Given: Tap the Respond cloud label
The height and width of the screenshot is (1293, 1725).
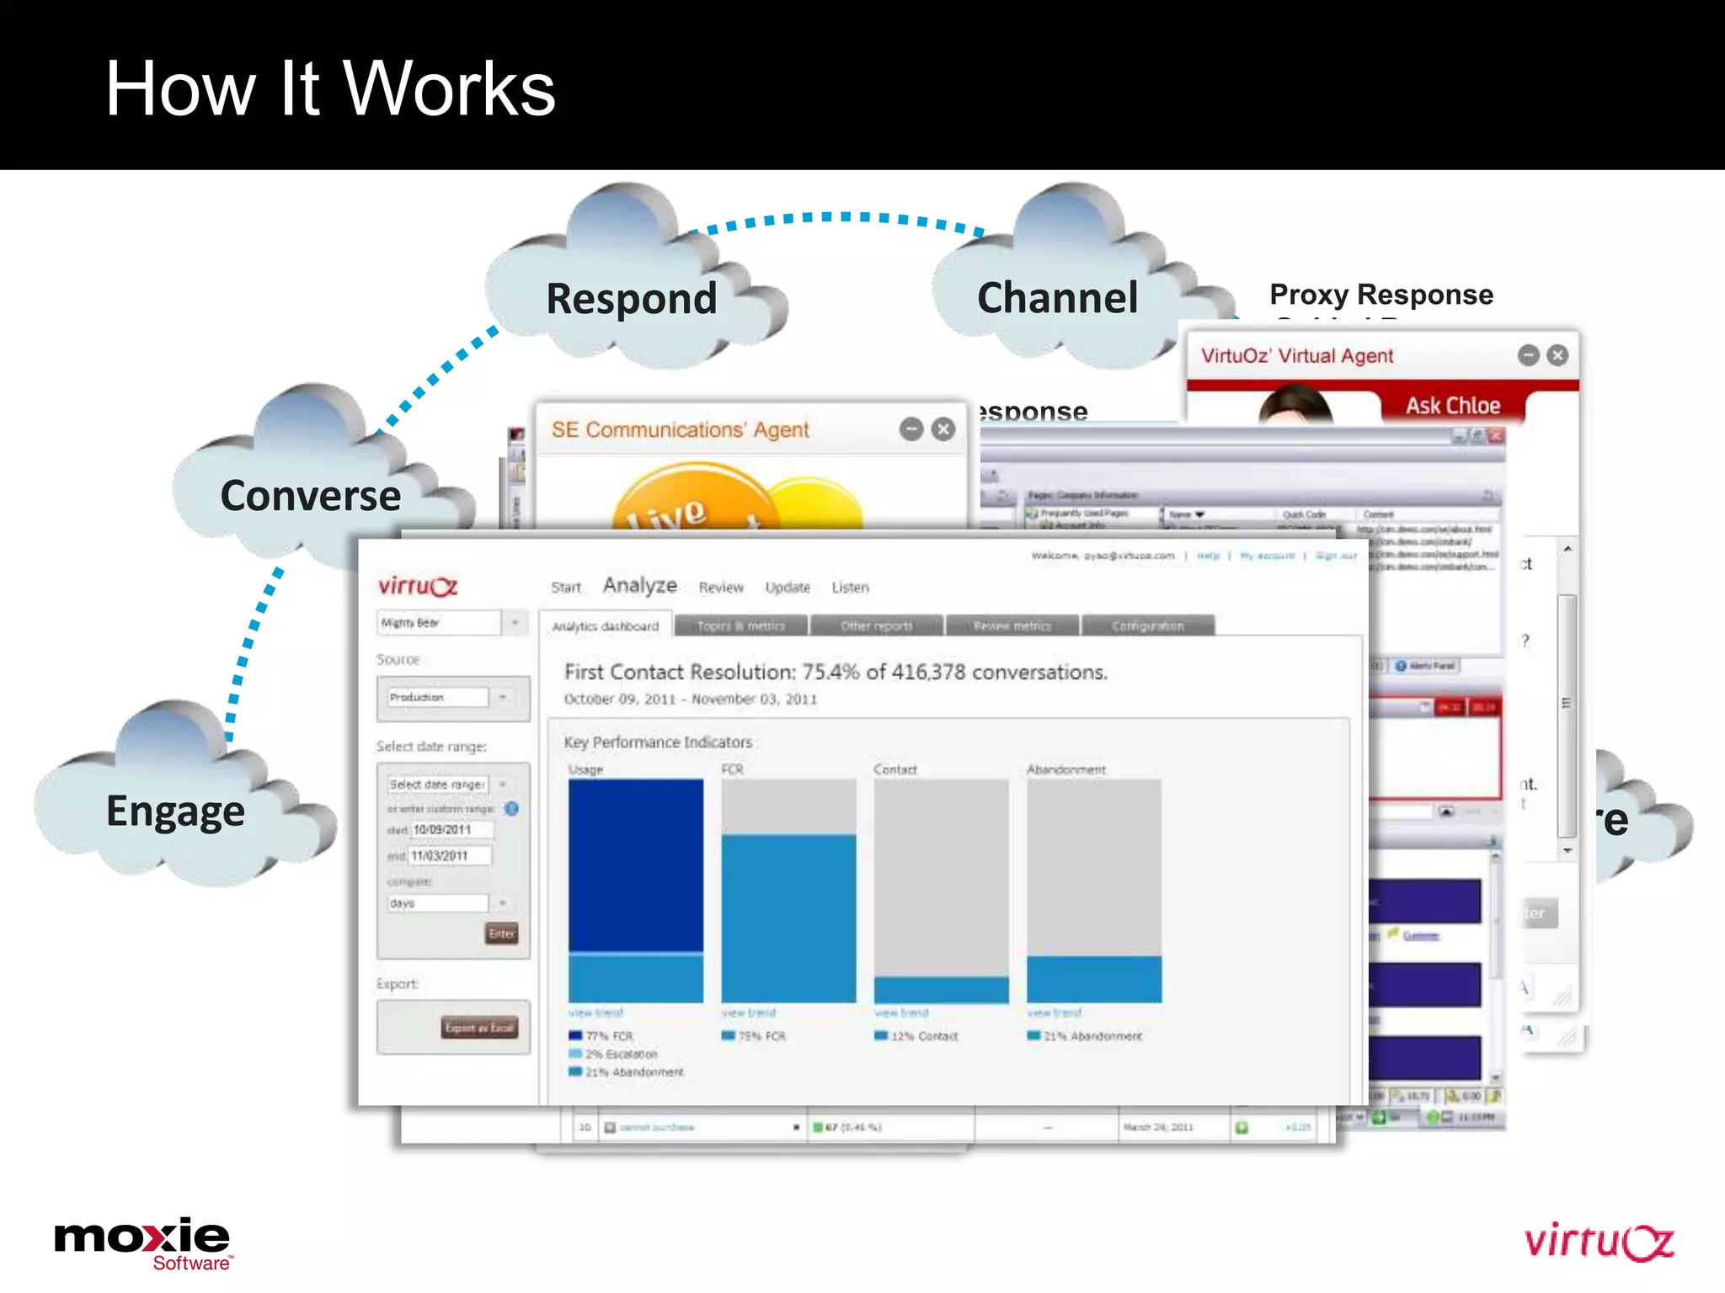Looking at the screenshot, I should point(632,299).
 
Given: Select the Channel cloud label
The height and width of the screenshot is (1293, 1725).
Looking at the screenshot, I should point(1057,298).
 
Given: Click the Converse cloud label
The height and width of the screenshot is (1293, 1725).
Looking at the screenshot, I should point(310,496).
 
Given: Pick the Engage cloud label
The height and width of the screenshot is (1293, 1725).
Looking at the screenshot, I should point(175,811).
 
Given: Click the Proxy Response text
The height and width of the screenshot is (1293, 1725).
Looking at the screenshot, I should point(1381,295).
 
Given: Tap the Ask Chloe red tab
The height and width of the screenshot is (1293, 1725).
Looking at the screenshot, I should point(1452,406).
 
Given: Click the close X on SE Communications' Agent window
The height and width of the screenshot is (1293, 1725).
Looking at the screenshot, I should point(943,429).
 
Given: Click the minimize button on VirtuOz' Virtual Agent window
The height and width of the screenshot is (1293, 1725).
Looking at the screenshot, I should point(1528,355).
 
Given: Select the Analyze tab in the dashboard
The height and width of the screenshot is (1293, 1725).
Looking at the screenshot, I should point(639,585).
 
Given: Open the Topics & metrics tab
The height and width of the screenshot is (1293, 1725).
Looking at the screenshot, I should point(740,626).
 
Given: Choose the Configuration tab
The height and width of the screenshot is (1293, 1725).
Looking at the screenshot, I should point(1147,626).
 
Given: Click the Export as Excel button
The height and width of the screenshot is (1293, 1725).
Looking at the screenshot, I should point(479,1028).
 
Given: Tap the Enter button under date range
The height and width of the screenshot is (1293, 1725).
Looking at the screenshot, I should point(501,934).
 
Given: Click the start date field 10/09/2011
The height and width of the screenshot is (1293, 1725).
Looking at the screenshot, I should point(451,830).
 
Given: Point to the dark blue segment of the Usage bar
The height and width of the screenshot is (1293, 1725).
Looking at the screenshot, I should point(635,864).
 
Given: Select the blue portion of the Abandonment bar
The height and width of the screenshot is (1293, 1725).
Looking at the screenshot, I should point(1093,979).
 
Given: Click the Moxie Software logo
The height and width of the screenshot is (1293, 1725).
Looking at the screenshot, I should point(143,1242).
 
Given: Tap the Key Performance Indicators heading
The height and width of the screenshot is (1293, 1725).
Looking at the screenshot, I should point(658,742).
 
